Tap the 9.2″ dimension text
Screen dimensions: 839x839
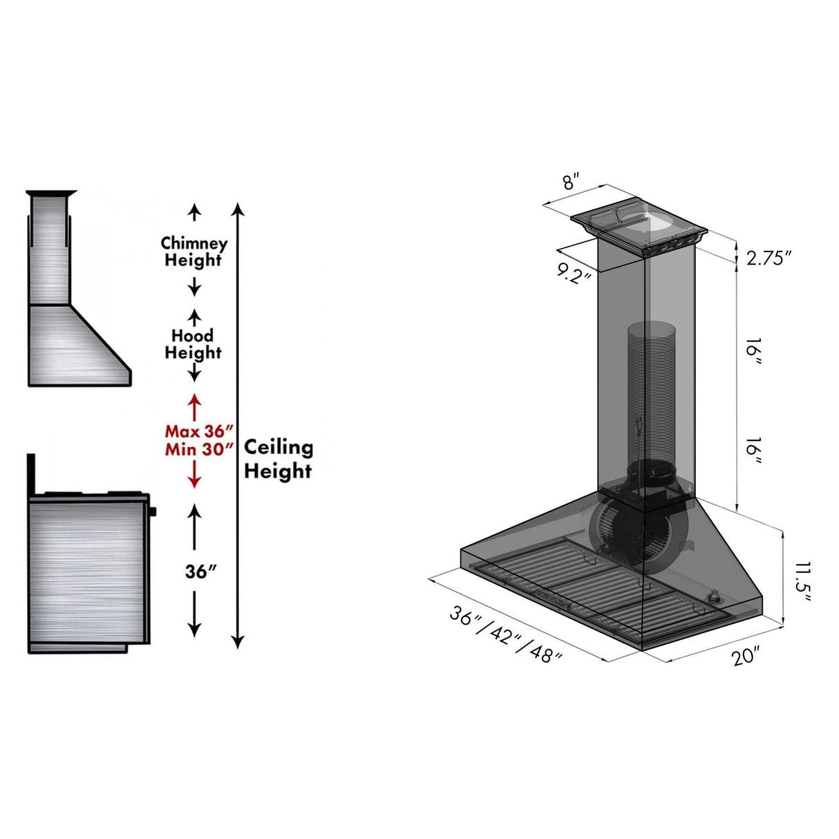[574, 274]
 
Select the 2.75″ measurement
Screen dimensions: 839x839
[768, 258]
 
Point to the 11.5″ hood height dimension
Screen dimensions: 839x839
[802, 581]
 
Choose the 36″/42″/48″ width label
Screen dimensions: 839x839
[505, 634]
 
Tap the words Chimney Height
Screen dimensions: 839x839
[194, 252]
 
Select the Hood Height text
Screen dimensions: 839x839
[193, 344]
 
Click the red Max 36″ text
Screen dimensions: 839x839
[195, 431]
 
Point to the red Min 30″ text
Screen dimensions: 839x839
[195, 449]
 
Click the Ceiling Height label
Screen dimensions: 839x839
[279, 459]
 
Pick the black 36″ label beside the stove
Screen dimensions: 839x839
[200, 572]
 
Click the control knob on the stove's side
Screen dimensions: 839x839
[152, 511]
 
